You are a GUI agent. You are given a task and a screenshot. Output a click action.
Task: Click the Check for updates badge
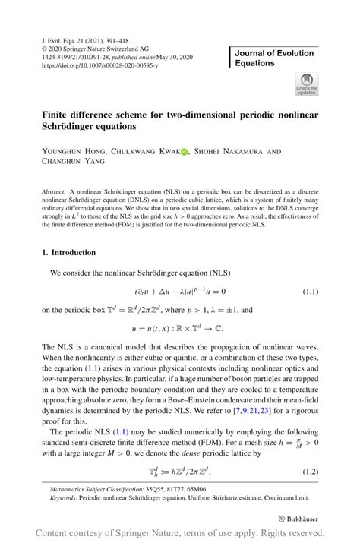point(308,84)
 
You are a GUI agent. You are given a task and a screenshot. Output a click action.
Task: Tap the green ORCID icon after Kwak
point(184,152)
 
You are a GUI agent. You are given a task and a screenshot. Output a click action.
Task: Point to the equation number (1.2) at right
point(311,472)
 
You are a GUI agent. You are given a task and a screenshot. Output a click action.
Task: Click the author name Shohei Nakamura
point(234,152)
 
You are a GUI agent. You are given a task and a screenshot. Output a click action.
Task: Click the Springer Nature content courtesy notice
point(180,533)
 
